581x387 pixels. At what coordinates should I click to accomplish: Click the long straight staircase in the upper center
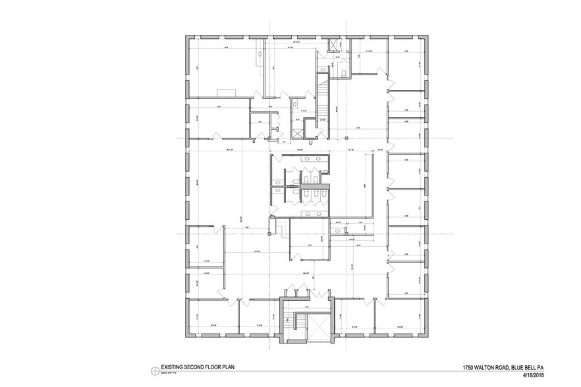point(322,99)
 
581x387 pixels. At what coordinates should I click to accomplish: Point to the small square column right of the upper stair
point(345,138)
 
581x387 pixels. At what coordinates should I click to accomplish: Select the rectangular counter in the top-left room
point(227,91)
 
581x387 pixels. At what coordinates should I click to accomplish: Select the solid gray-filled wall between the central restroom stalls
point(301,188)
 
